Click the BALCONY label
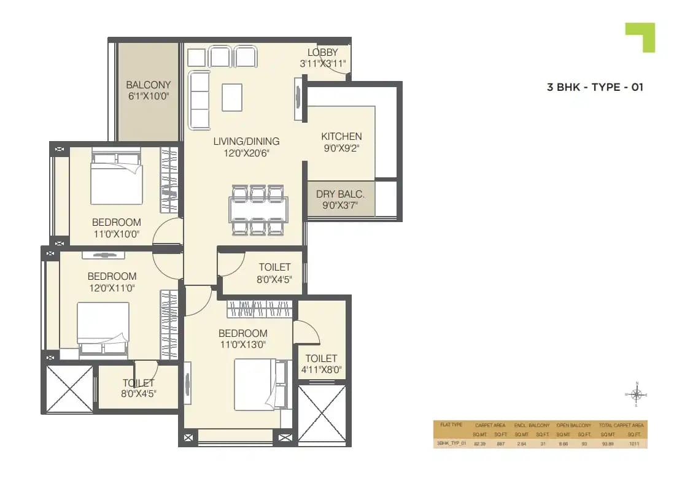[x=148, y=85]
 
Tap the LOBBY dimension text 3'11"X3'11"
[x=323, y=63]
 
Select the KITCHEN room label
[x=341, y=136]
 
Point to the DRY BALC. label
[x=340, y=194]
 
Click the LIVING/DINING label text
[x=246, y=141]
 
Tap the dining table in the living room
[x=258, y=210]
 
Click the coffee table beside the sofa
[x=231, y=97]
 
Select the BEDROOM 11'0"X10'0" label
[x=116, y=222]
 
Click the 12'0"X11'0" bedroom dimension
[x=112, y=287]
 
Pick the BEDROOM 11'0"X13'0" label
[x=243, y=333]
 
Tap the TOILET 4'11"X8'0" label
[x=321, y=358]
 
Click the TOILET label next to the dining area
[x=274, y=267]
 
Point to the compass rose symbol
[x=636, y=394]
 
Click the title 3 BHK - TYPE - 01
[x=595, y=87]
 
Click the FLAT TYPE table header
[x=449, y=425]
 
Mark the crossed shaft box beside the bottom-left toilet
[x=69, y=389]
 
